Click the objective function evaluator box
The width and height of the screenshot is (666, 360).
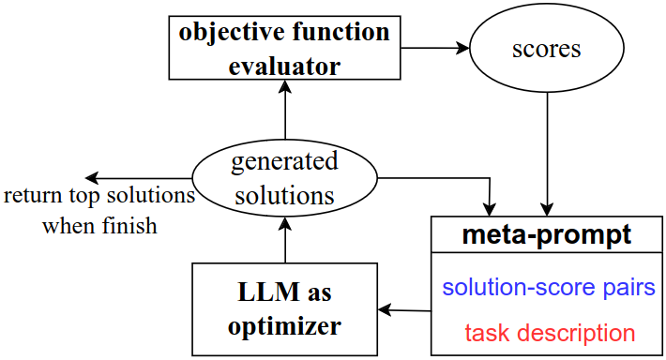(x=285, y=48)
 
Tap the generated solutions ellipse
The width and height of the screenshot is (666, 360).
(x=284, y=178)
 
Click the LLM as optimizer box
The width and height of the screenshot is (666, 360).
(x=284, y=308)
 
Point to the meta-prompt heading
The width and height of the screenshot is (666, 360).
(x=547, y=234)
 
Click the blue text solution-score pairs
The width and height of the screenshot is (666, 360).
(x=548, y=287)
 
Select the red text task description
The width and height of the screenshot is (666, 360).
(x=549, y=332)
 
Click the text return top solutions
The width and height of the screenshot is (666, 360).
(x=99, y=197)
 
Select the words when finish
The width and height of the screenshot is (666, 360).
(x=98, y=226)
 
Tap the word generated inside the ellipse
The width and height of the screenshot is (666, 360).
(x=284, y=161)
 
